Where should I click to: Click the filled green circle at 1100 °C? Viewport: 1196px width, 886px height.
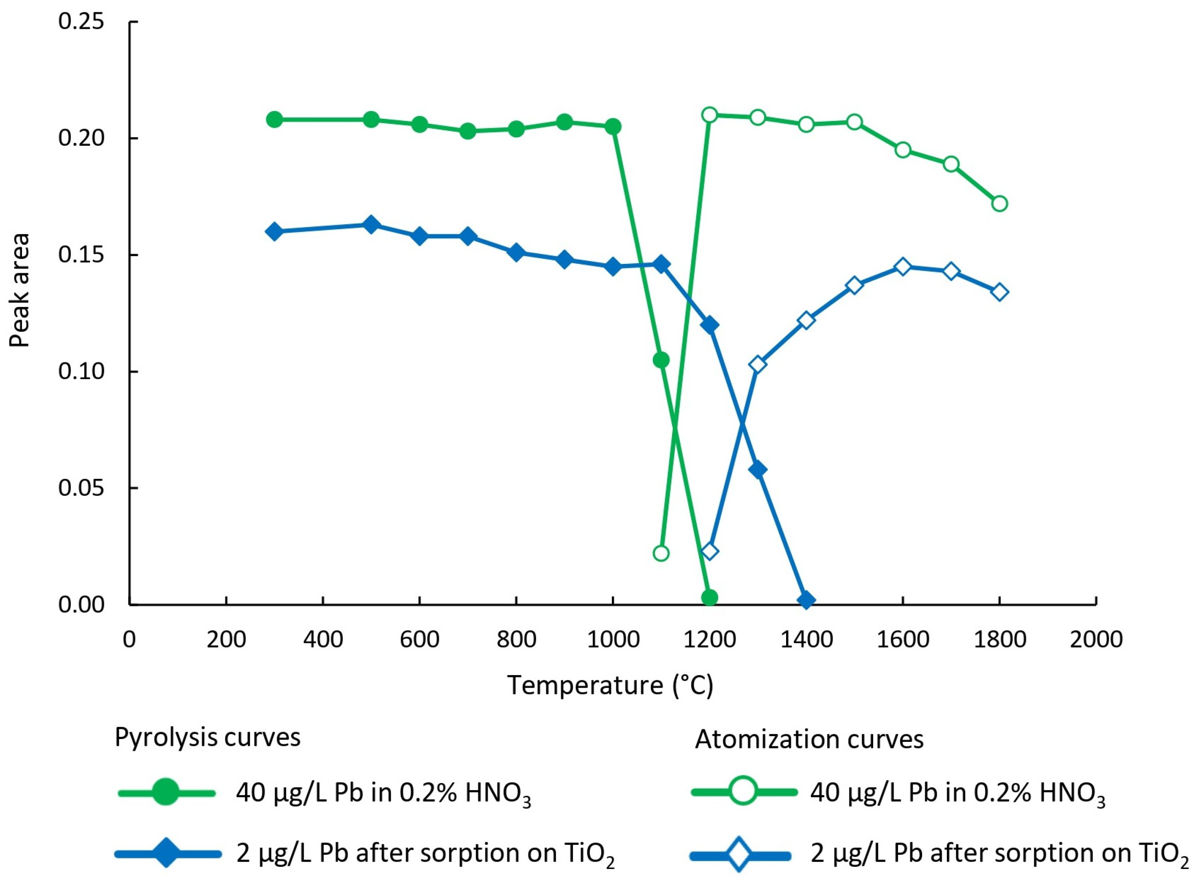click(661, 360)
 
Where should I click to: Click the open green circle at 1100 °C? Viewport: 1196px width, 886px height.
click(662, 553)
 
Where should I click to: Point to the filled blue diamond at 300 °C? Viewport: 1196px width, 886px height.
click(274, 232)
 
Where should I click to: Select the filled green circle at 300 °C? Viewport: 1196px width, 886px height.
click(274, 120)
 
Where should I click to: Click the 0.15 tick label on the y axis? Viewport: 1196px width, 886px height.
click(81, 255)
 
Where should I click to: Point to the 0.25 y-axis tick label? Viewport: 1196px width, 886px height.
click(81, 22)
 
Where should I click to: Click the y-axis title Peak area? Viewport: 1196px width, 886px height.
click(20, 290)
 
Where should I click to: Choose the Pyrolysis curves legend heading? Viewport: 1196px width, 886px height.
click(208, 737)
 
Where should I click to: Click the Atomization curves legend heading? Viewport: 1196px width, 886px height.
click(809, 739)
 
